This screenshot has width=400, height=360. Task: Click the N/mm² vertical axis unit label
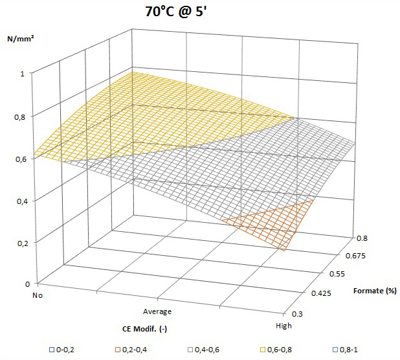point(21,39)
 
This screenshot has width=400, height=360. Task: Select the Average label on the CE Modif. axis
point(156,311)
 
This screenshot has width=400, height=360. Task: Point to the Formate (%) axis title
point(375,291)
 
